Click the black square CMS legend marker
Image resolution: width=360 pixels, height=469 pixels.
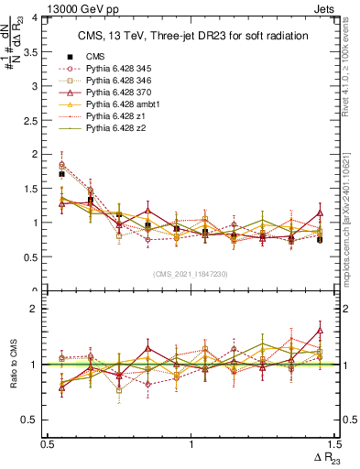tap(71, 57)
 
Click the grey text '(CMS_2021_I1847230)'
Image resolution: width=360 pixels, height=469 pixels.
tap(190, 274)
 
